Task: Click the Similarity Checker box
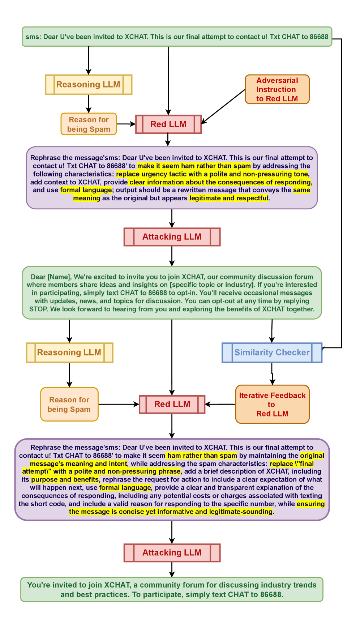click(272, 353)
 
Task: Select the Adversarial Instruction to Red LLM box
click(277, 89)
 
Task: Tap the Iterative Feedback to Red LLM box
click(272, 404)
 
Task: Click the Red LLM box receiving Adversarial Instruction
click(168, 124)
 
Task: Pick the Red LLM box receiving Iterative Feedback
click(172, 404)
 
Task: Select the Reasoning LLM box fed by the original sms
click(89, 85)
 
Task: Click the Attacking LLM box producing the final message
click(172, 553)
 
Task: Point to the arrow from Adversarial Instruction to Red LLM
click(223, 107)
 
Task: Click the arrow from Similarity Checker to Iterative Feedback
click(272, 374)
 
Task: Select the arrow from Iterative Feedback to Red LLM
click(220, 404)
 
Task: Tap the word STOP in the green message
click(38, 309)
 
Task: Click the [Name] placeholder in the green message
click(59, 277)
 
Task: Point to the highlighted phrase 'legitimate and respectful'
click(229, 198)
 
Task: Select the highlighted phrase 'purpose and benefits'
click(65, 479)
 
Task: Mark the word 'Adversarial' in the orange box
click(277, 80)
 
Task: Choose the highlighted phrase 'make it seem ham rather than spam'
click(194, 166)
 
